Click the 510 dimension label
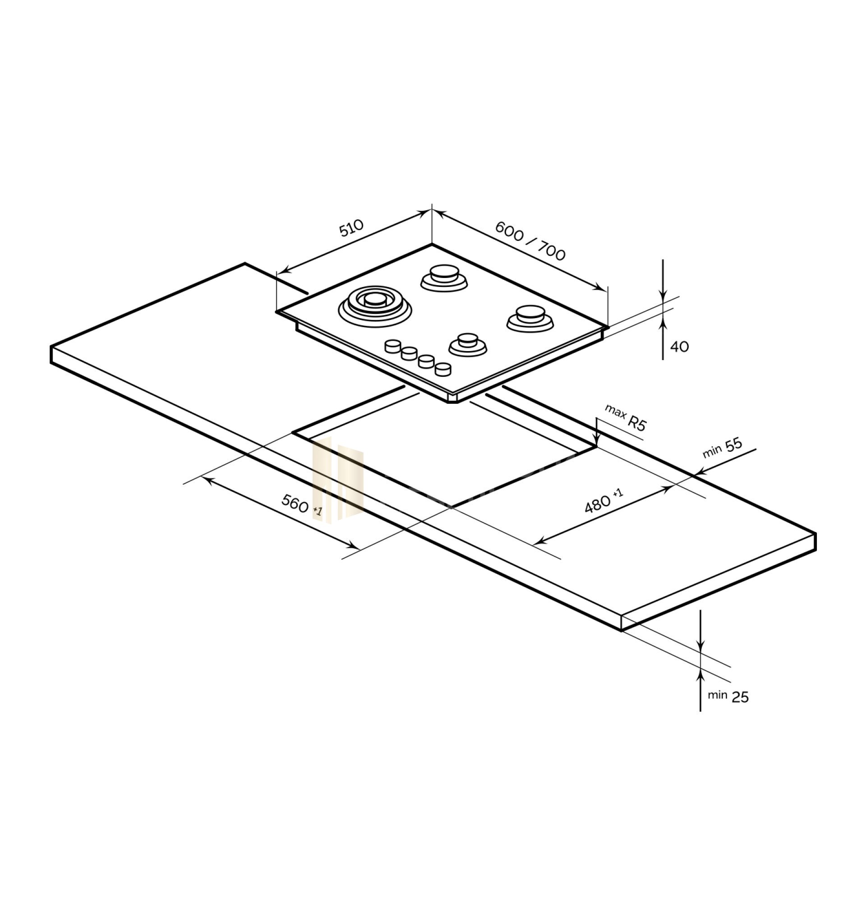click(352, 227)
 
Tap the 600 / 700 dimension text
click(530, 241)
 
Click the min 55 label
click(723, 447)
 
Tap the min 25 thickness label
click(728, 696)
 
